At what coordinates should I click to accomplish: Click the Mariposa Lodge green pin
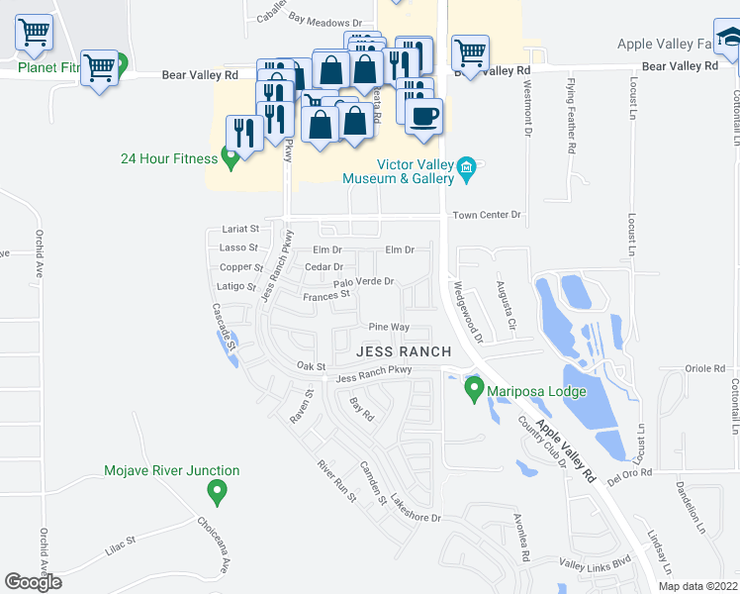click(474, 387)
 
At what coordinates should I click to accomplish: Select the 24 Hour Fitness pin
click(231, 154)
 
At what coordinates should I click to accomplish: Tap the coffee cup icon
click(424, 117)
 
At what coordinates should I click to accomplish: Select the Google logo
click(33, 582)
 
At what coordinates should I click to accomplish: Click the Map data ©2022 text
click(696, 586)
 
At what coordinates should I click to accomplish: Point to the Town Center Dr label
click(486, 215)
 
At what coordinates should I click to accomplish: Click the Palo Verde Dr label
click(363, 282)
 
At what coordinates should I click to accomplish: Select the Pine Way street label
click(389, 327)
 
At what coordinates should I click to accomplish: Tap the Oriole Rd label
click(704, 368)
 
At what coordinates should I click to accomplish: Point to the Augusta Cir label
click(504, 306)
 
